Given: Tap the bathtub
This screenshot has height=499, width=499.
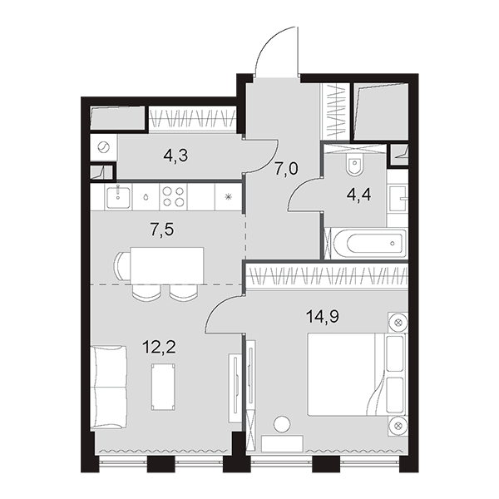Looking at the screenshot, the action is pos(369,244).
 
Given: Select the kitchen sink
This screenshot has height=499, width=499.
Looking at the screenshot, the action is pos(118,197).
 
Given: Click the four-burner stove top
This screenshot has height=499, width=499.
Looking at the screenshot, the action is pos(174,196).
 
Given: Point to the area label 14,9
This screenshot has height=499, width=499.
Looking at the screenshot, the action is pos(323,317).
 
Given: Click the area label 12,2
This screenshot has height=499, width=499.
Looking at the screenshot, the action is pos(159,347).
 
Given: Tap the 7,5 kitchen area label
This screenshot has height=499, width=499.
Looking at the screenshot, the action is pos(162,230).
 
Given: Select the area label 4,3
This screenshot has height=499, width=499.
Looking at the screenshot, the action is pos(175,156).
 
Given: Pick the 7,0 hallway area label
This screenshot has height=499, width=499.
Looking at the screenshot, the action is pos(286,169).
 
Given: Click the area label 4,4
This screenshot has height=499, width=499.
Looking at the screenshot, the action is pos(358,195).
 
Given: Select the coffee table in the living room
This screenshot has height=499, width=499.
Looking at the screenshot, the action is pos(164,387).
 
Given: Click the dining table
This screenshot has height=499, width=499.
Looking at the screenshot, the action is pos(167,265).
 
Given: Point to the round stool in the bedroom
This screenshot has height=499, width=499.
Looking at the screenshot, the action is pos(282,424).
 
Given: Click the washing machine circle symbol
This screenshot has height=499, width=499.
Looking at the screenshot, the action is pos(103,148).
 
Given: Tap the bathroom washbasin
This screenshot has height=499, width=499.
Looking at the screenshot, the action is pos(398,199).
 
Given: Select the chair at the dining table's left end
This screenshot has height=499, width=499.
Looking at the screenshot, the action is pos(122,265).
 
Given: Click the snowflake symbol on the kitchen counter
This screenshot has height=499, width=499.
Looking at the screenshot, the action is pos(228,197).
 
